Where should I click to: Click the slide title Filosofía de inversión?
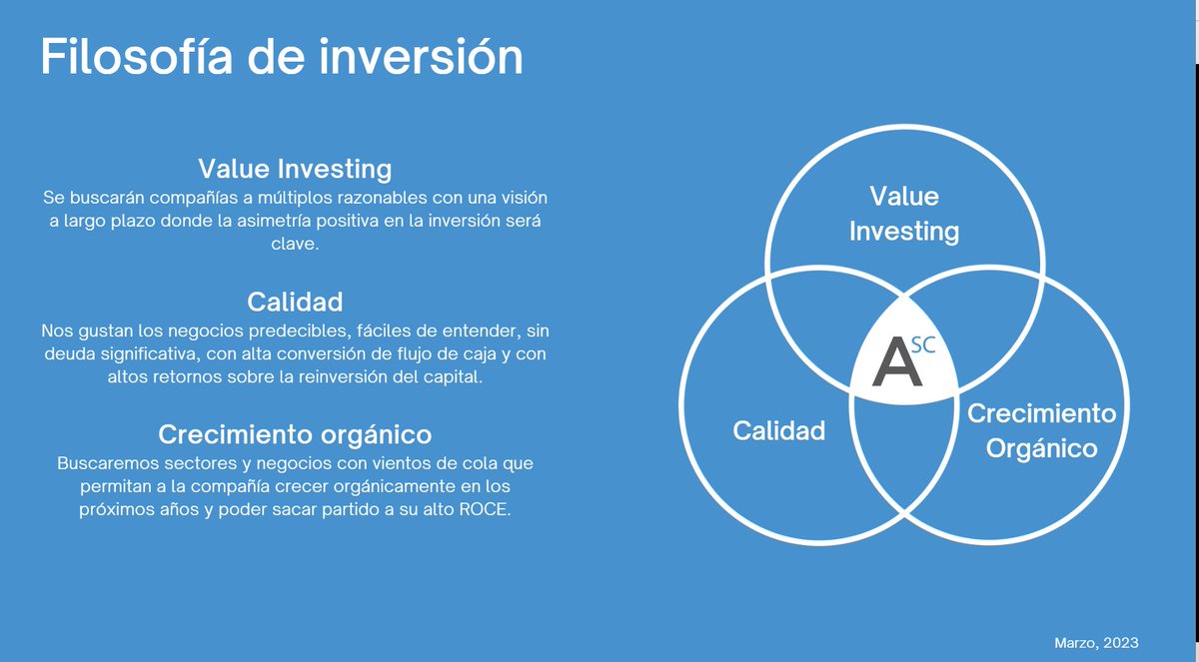[281, 58]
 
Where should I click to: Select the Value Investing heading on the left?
[295, 168]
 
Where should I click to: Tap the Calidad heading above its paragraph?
[295, 302]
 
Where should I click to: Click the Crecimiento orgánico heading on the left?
[295, 435]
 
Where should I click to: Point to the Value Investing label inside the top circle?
[903, 214]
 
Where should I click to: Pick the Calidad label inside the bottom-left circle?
[779, 430]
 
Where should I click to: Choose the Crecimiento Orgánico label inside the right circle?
[1041, 430]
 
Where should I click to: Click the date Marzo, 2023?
[1096, 642]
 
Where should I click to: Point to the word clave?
[295, 243]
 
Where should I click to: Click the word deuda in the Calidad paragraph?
[65, 354]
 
